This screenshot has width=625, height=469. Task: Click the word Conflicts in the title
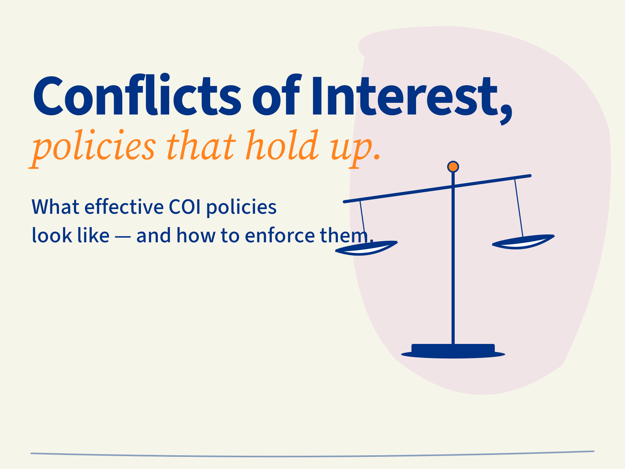pyautogui.click(x=137, y=96)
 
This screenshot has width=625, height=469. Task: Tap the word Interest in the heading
pyautogui.click(x=400, y=96)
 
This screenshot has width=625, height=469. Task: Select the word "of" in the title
pyautogui.click(x=276, y=96)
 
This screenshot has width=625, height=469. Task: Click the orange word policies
pyautogui.click(x=94, y=147)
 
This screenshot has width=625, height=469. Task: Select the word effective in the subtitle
pyautogui.click(x=124, y=207)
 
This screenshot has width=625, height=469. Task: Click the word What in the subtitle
pyautogui.click(x=55, y=207)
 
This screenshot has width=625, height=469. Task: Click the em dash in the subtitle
pyautogui.click(x=123, y=236)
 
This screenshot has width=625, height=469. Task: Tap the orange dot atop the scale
pyautogui.click(x=453, y=167)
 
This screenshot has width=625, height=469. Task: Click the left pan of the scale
pyautogui.click(x=366, y=249)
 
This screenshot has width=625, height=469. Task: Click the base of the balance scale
pyautogui.click(x=453, y=351)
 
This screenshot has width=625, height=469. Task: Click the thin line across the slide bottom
pyautogui.click(x=312, y=455)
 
